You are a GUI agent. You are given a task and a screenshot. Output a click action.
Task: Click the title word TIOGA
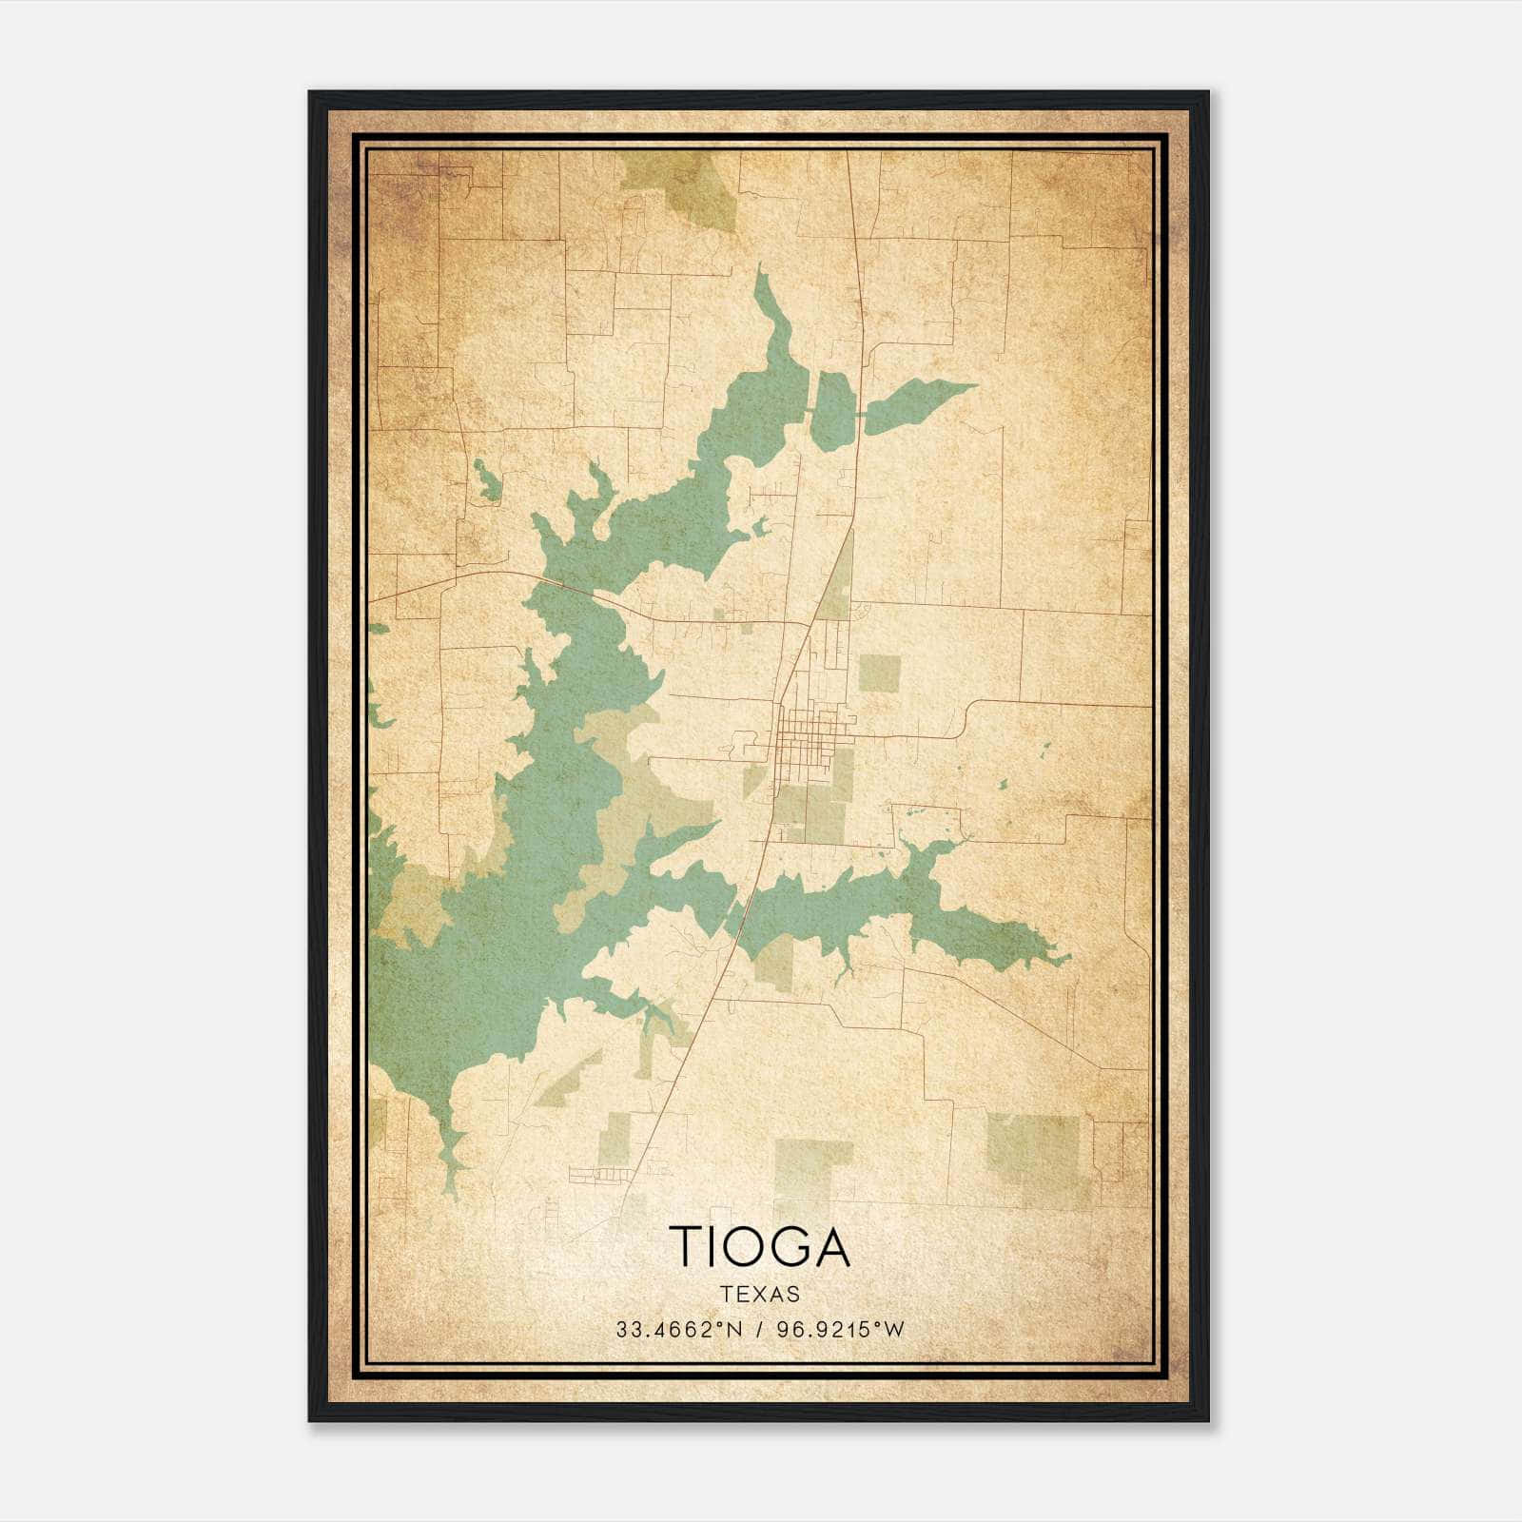click(759, 1245)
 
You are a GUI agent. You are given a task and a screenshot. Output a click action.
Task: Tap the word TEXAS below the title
click(759, 1294)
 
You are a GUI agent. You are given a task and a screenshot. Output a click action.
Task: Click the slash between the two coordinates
click(759, 1330)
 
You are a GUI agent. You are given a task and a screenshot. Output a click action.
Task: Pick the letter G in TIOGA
click(786, 1245)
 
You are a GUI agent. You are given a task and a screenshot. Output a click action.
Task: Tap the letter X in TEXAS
click(759, 1294)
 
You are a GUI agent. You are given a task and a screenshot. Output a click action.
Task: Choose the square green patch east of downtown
click(879, 673)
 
